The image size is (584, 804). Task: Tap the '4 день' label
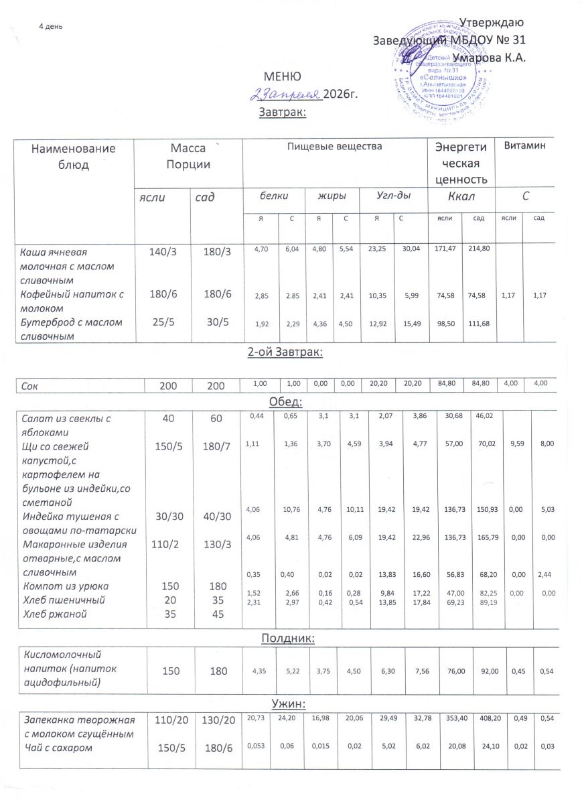click(51, 26)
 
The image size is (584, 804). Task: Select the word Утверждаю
click(495, 24)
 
